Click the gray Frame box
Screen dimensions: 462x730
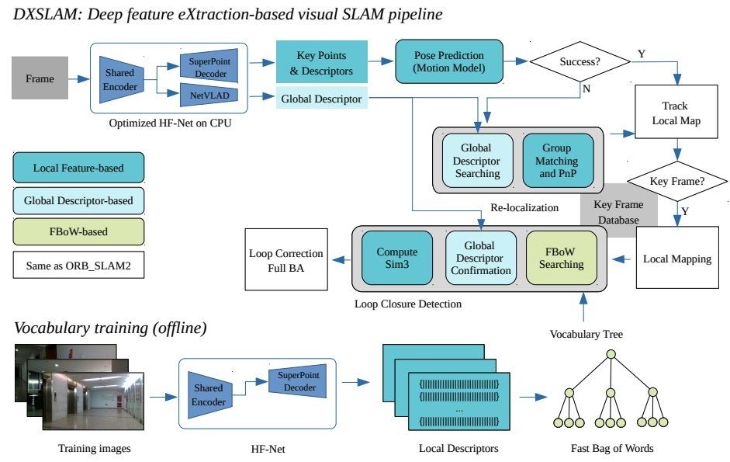[x=40, y=79]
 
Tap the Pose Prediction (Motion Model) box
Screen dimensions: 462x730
[x=448, y=62]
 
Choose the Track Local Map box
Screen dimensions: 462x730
[x=674, y=112]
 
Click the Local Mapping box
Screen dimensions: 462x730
[x=677, y=259]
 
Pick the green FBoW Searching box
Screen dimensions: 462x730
[x=562, y=259]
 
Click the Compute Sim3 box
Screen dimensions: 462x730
[x=396, y=259]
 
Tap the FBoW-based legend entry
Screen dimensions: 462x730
[x=78, y=232]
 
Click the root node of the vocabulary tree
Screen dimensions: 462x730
[x=611, y=356]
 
